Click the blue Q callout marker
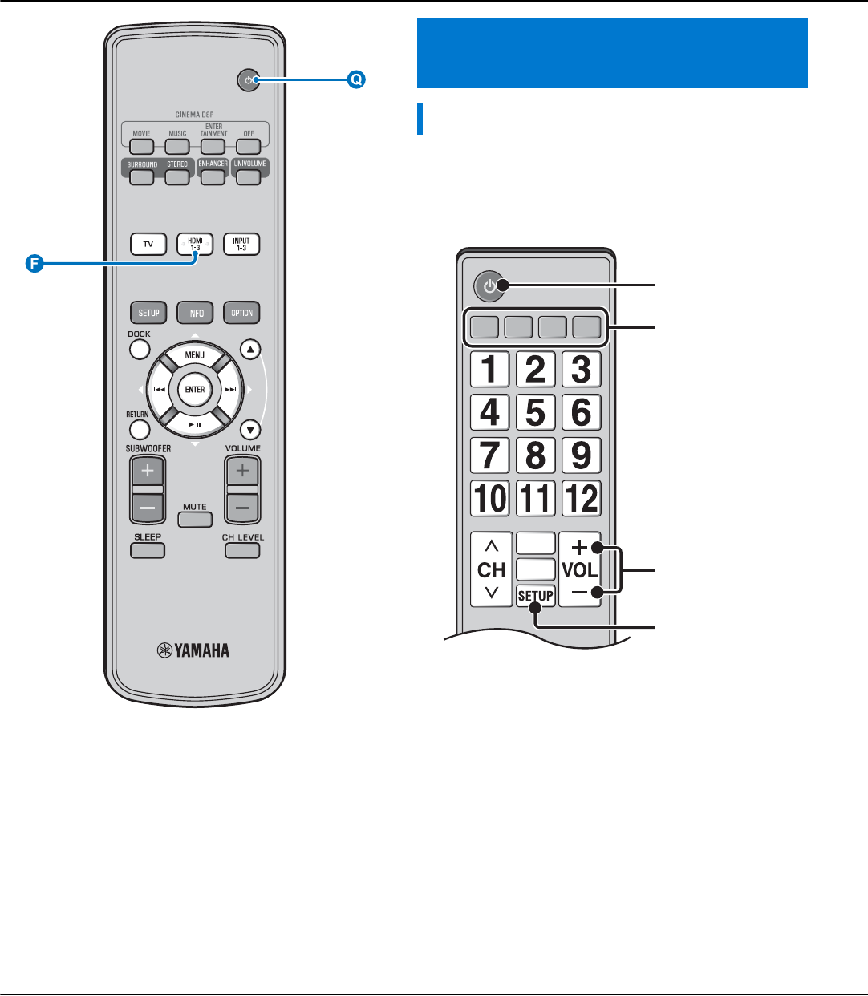355,79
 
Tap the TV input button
148,244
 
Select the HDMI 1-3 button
195,244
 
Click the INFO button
195,313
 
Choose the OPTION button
241,313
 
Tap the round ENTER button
195,390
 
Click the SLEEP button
148,550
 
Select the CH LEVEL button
242,550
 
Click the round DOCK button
140,350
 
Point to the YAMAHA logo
193,650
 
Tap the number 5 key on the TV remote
535,412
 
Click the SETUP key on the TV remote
535,596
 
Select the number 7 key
489,455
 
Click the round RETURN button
139,430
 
